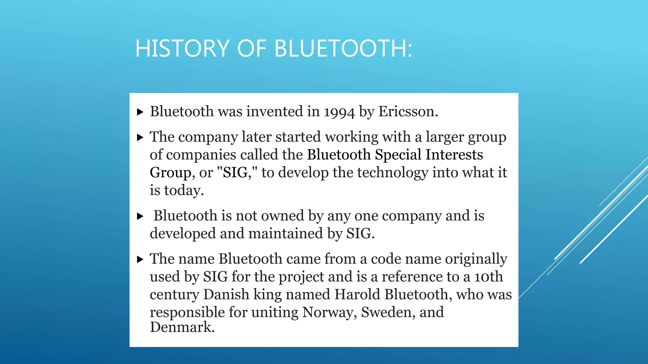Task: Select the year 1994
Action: (x=339, y=112)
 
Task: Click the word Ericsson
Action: (x=408, y=112)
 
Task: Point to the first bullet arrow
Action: (x=140, y=112)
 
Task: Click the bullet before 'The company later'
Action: (x=140, y=137)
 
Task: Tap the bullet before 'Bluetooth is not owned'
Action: (x=140, y=216)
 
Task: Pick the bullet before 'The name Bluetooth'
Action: (x=140, y=259)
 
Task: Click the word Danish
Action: (x=226, y=294)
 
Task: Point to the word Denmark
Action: (x=182, y=327)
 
